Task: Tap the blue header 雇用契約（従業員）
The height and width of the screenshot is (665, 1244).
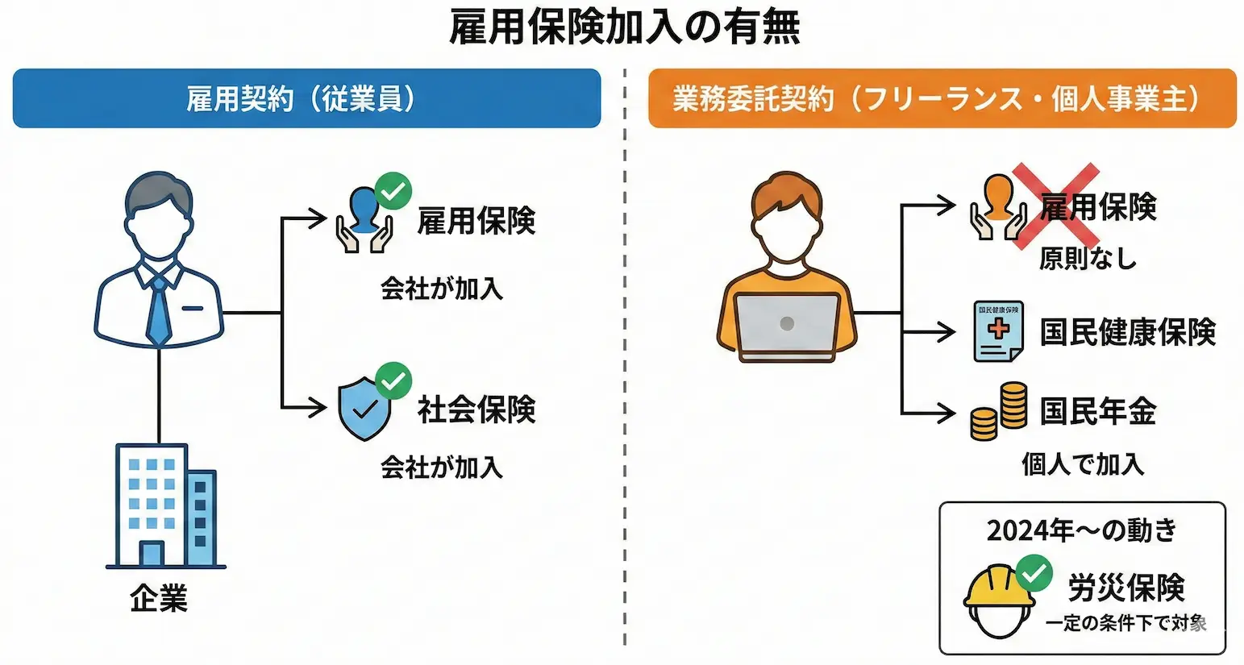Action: coord(306,98)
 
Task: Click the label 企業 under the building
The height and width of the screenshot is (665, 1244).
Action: coord(159,599)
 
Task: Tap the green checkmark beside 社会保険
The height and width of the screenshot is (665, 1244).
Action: coord(393,381)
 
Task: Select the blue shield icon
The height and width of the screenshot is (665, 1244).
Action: coord(364,410)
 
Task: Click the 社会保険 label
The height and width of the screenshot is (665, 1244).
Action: coord(476,409)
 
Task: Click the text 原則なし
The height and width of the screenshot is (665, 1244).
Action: coord(1088,259)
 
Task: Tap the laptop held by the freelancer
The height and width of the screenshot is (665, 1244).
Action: coord(788,325)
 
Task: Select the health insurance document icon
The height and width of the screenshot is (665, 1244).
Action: coord(998,331)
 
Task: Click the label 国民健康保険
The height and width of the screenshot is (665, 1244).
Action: coord(1127,332)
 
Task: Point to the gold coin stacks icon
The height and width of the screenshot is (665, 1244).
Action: coord(999,412)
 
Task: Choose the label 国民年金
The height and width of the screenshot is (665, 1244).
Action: coord(1097,412)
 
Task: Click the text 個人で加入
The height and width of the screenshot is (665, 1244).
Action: coord(1083,464)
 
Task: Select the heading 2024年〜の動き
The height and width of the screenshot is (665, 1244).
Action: coord(1082,530)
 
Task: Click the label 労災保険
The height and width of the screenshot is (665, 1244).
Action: coord(1126,588)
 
